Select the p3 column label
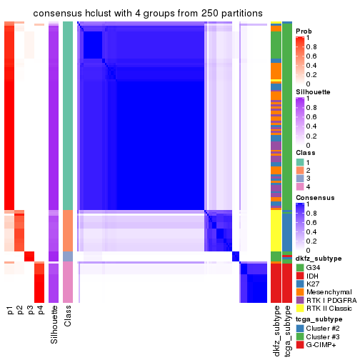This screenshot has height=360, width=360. (30, 311)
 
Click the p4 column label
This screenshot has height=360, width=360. (40, 311)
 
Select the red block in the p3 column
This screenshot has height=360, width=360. (30, 256)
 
